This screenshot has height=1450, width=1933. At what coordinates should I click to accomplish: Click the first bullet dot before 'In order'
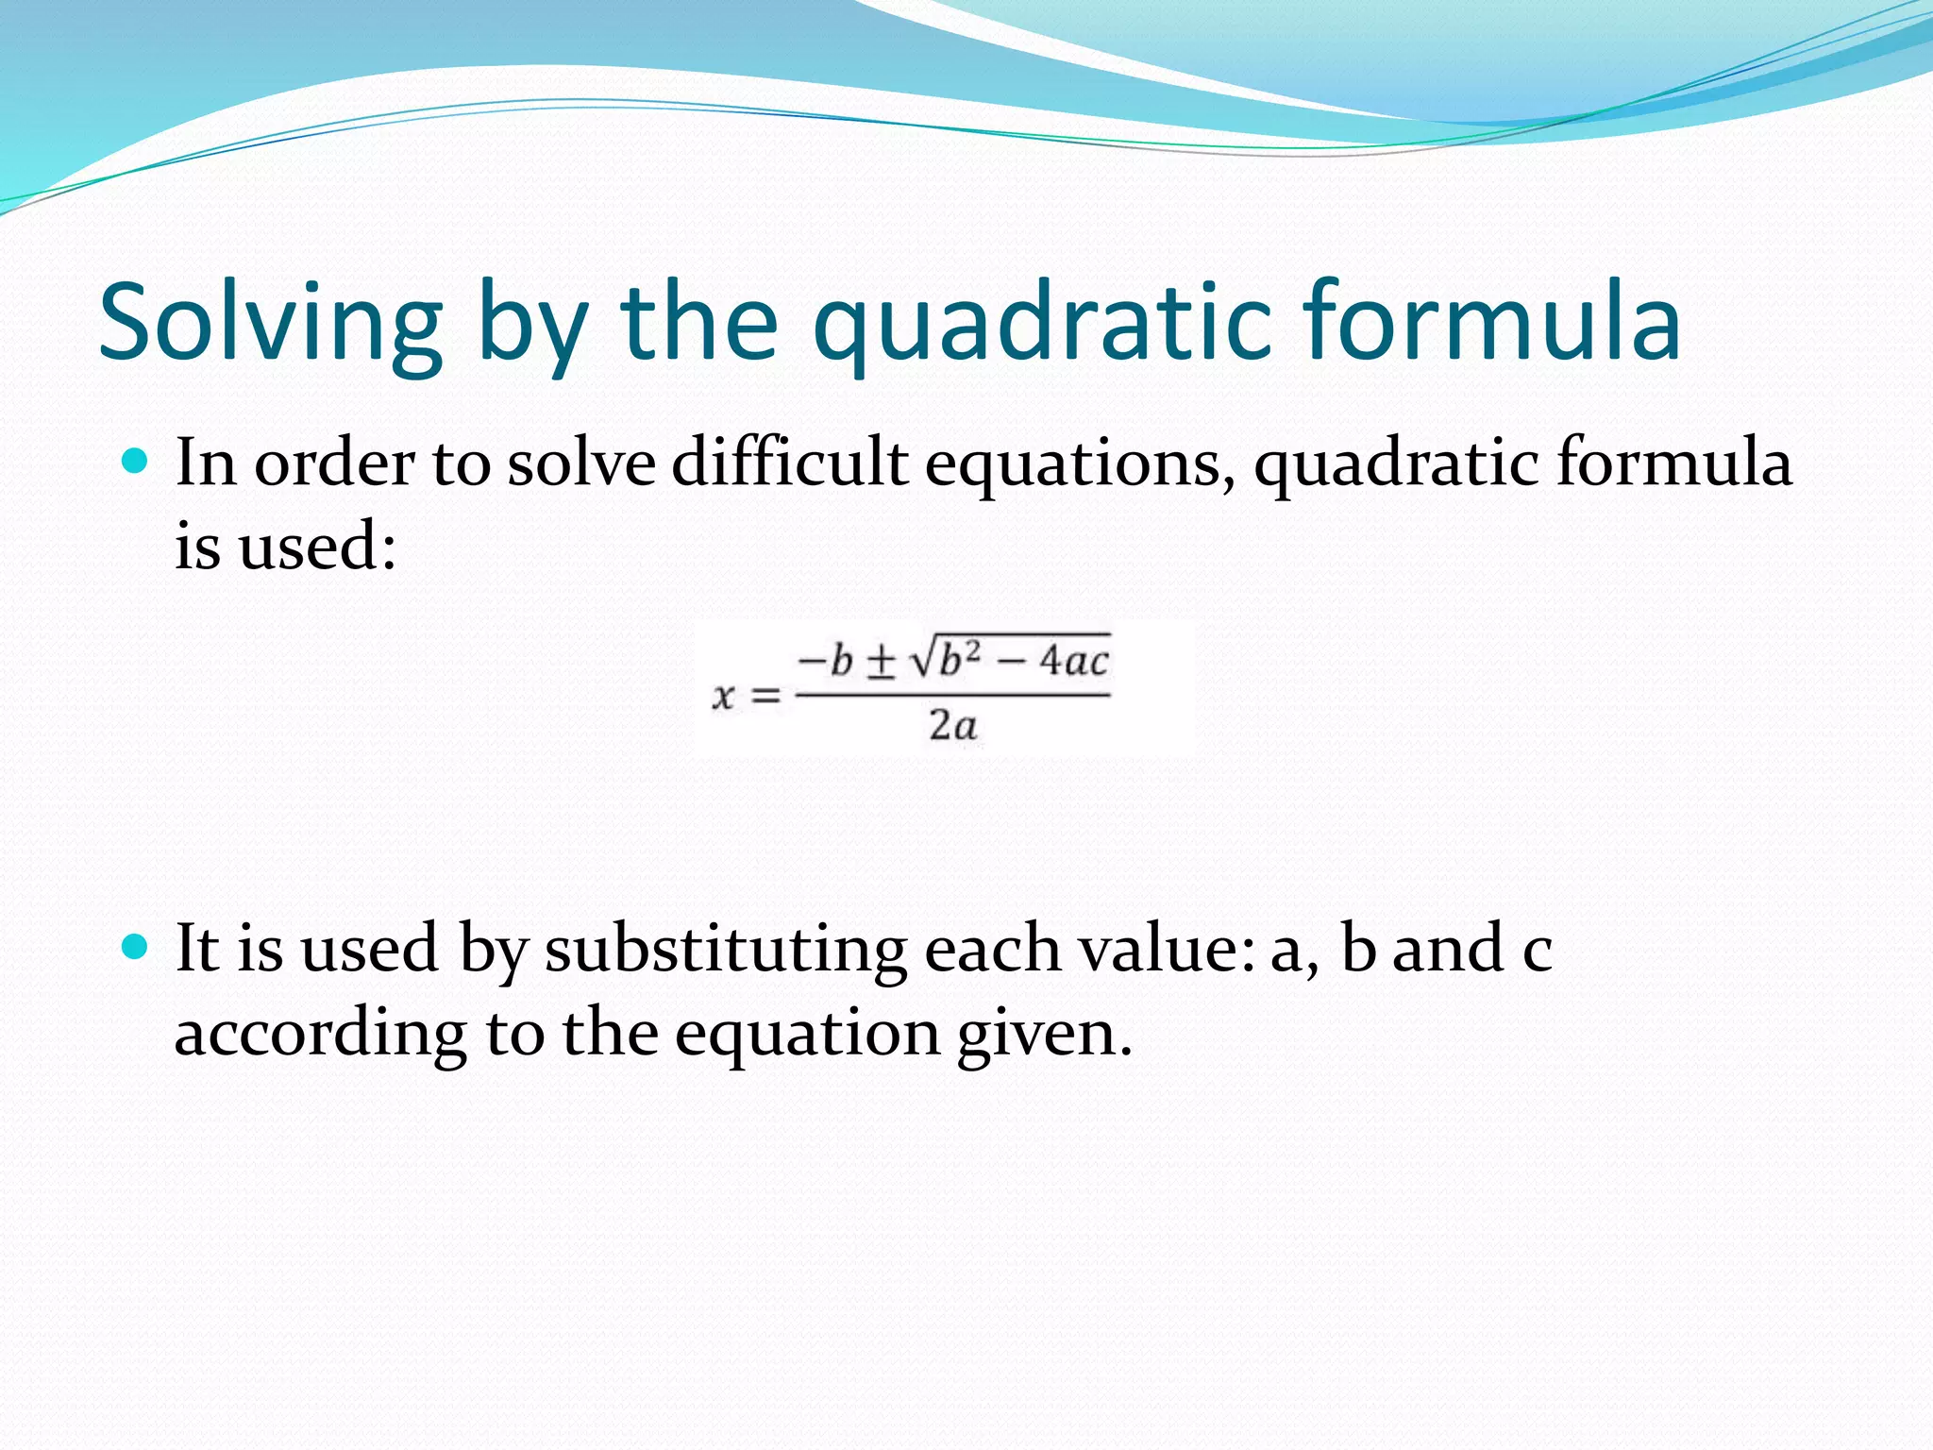(136, 462)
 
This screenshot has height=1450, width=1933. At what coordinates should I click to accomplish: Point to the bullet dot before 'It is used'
(136, 947)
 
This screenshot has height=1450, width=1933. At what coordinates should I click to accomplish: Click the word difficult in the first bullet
(789, 464)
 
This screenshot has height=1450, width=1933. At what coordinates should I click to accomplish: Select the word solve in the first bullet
(580, 464)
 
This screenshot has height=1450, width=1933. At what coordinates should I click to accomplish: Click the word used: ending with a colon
(317, 547)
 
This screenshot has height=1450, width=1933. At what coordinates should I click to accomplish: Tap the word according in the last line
(320, 1034)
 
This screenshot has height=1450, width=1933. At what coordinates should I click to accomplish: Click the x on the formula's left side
(723, 697)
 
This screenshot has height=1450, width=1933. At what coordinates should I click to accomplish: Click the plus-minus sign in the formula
(880, 662)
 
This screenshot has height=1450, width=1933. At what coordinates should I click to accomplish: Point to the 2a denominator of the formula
(952, 726)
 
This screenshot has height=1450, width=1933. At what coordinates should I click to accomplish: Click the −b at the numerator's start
(825, 661)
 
